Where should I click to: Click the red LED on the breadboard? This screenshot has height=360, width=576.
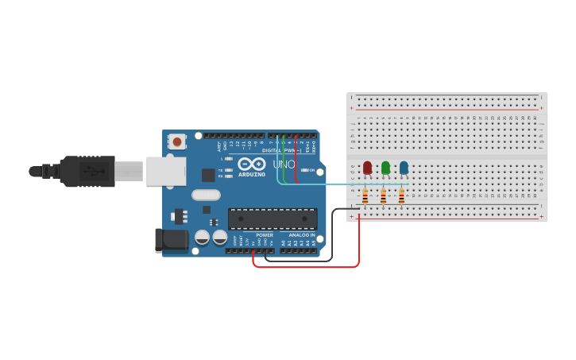(x=367, y=168)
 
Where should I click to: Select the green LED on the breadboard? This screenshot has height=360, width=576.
(x=385, y=168)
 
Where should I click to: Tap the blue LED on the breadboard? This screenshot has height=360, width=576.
(x=404, y=167)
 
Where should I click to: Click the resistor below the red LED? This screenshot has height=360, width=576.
(x=365, y=195)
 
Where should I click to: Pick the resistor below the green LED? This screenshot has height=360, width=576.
(x=383, y=195)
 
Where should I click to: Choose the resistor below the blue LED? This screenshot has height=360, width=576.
(x=401, y=195)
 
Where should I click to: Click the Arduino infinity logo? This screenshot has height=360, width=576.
(x=251, y=164)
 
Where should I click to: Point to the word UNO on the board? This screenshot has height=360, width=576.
(x=284, y=165)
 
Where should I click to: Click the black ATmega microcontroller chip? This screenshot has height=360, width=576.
(x=273, y=219)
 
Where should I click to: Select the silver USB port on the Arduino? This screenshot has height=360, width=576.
(x=166, y=171)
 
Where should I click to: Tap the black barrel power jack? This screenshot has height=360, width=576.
(x=172, y=240)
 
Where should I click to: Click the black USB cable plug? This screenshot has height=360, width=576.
(x=87, y=171)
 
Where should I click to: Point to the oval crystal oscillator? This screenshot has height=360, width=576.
(x=206, y=195)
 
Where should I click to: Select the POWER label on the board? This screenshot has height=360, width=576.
(x=265, y=235)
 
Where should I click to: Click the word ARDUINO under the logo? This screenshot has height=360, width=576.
(x=252, y=175)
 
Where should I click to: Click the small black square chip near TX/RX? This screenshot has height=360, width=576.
(x=208, y=175)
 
